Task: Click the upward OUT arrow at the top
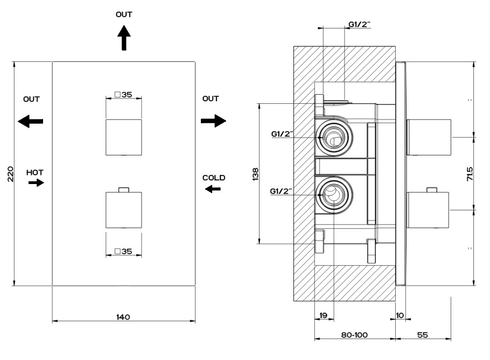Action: pos(124,39)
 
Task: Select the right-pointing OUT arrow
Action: pos(213,121)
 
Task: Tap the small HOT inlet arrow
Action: pos(37,183)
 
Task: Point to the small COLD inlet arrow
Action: pos(213,188)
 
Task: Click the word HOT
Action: pos(35,172)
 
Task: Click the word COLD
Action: pos(214,178)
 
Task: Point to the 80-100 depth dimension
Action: pos(354,335)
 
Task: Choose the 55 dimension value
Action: pos(423,335)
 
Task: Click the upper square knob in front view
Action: pos(123,137)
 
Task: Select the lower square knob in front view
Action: pos(123,210)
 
